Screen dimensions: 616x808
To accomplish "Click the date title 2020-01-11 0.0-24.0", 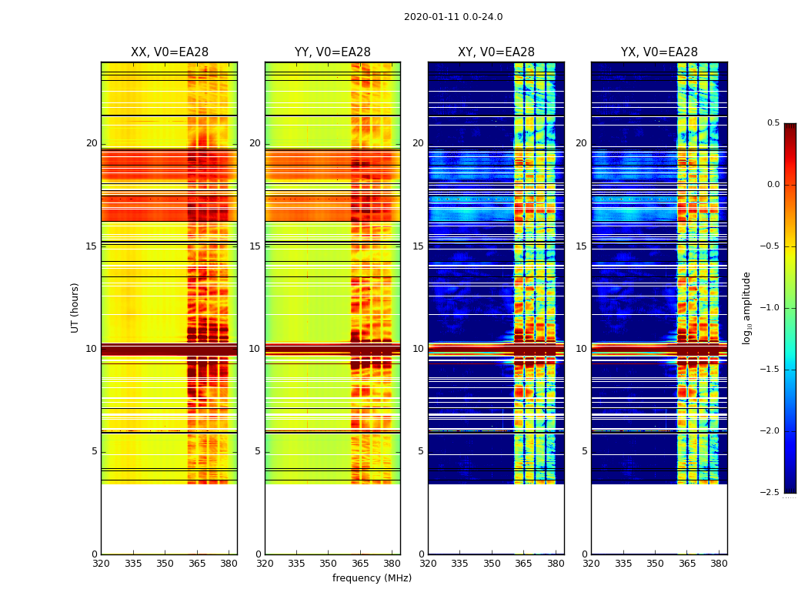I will point(453,17).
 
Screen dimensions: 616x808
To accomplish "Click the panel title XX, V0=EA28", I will point(169,52).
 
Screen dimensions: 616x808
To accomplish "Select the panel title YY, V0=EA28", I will point(332,52).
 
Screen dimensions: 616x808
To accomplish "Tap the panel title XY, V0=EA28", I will point(496,52).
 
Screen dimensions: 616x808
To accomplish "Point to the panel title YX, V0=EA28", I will point(659,52).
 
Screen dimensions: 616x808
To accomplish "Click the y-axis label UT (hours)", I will point(75,307).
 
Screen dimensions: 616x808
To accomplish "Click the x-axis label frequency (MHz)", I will point(372,578).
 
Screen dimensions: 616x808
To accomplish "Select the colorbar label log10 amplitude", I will point(746,308).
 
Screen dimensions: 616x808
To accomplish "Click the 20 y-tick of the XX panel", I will point(92,143).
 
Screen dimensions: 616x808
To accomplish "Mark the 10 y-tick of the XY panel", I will point(419,349).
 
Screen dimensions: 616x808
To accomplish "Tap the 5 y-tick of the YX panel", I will point(584,451).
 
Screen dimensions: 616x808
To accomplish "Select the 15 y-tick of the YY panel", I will point(255,246).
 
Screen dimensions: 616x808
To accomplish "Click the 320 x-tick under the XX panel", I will point(101,563).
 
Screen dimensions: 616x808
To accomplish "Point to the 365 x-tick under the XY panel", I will point(523,563).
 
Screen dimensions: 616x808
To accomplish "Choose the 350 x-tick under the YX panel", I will point(655,563).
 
